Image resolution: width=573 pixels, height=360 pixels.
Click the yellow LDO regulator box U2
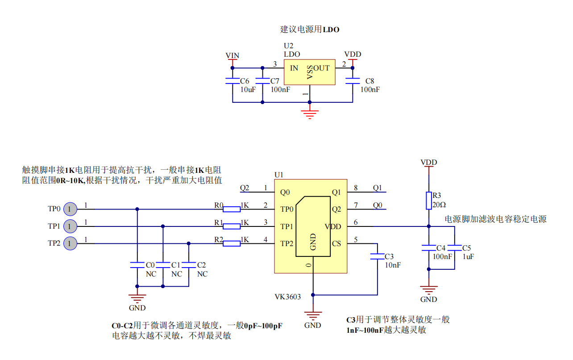309,71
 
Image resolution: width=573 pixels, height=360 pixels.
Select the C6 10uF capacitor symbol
232,81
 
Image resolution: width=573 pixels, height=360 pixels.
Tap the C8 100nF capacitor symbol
353,81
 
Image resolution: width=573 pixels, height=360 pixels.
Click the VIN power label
232,55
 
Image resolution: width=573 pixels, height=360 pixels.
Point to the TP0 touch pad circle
70,209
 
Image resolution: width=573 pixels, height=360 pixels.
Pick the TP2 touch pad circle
70,243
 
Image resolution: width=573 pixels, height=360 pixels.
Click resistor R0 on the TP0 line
232,209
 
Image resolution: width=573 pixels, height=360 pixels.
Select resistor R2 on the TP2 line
232,243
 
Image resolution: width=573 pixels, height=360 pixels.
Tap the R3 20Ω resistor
428,201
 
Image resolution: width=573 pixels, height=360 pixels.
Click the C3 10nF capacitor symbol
378,256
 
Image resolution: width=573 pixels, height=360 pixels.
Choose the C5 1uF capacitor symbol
454,247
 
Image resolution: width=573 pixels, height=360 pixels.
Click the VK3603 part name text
287,297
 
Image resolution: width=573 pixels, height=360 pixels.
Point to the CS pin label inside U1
336,243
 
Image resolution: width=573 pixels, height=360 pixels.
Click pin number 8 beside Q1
355,188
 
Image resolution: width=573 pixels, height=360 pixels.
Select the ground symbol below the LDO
309,113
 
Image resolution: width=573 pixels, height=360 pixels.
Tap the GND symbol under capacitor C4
428,289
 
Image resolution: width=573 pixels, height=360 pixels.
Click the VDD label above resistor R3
428,162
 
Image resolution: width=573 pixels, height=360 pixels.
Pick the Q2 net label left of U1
245,188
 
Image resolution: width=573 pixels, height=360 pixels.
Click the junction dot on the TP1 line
163,226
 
